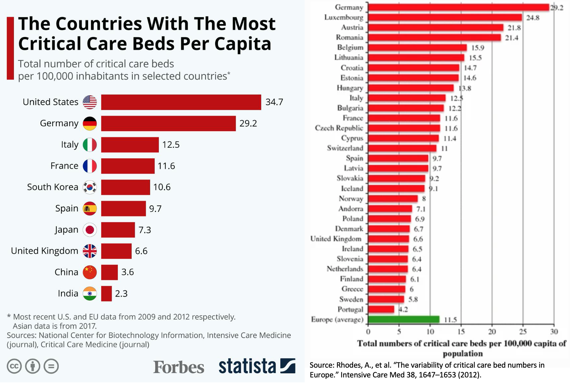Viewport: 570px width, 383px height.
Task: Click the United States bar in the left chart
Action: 181,102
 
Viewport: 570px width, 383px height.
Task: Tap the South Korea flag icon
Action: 90,187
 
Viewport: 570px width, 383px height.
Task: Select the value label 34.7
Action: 274,102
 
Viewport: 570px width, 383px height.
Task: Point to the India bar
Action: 107,293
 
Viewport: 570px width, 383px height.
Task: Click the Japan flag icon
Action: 90,230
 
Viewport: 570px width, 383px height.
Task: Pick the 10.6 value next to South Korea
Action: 162,187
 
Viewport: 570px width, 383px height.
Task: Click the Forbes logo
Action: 179,367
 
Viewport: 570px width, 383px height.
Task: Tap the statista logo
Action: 257,366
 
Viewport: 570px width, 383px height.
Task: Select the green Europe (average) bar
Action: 404,319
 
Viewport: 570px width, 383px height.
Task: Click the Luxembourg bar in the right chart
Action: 445,17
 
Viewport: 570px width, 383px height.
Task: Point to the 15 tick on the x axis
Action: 461,331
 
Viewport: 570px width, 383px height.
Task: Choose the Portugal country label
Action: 350,309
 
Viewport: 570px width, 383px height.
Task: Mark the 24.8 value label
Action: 533,18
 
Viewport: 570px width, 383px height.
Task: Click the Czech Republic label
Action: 339,128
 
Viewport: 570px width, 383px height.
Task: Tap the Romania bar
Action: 435,38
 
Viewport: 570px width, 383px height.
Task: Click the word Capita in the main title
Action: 243,44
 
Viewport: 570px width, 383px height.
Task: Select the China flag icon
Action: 90,272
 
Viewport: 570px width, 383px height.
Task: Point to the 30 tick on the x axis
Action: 554,331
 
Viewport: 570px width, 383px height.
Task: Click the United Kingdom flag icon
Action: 90,251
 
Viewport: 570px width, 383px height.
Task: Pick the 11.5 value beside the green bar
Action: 450,320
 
